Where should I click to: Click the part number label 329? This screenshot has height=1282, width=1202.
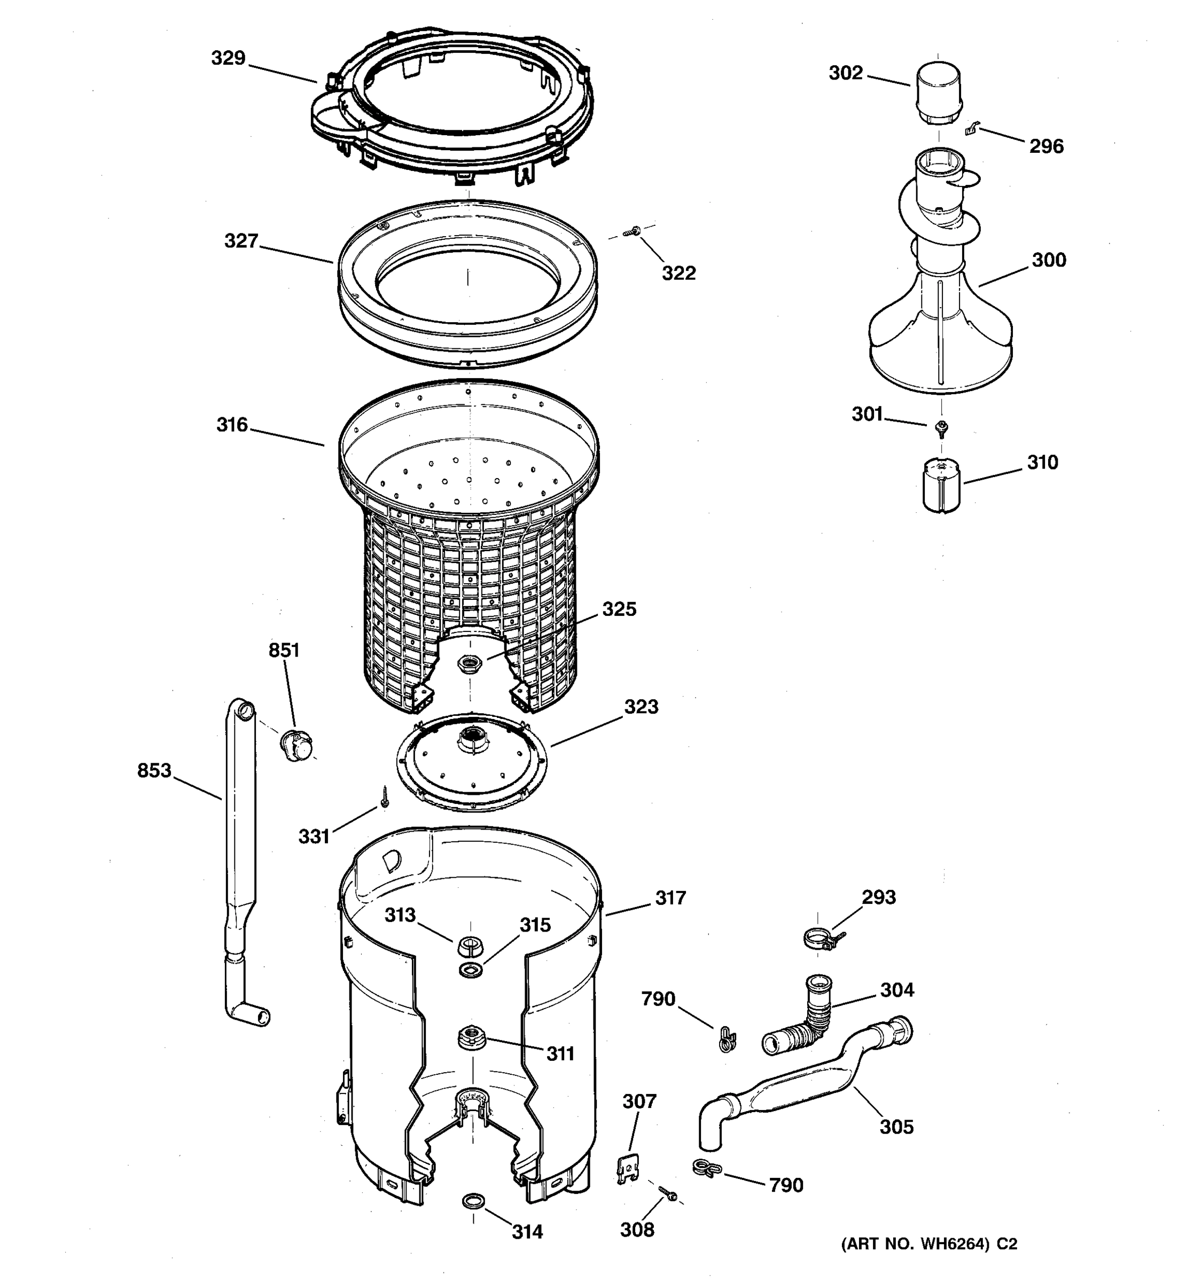pos(228,59)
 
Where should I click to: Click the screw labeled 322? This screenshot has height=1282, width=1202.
pos(633,231)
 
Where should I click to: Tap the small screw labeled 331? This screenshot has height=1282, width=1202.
pos(385,798)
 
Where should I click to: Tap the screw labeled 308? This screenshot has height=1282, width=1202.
pos(667,1192)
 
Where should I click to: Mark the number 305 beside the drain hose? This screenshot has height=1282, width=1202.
pos(896,1127)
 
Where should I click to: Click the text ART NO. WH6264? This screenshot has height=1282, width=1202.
pos(915,1244)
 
